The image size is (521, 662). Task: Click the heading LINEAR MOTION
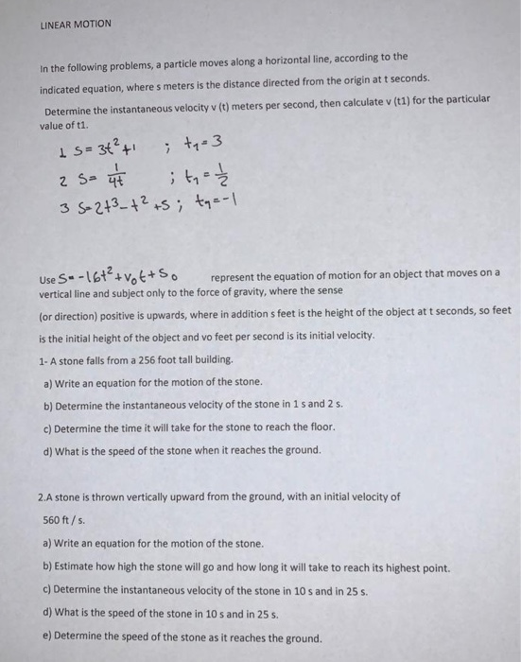click(75, 23)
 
